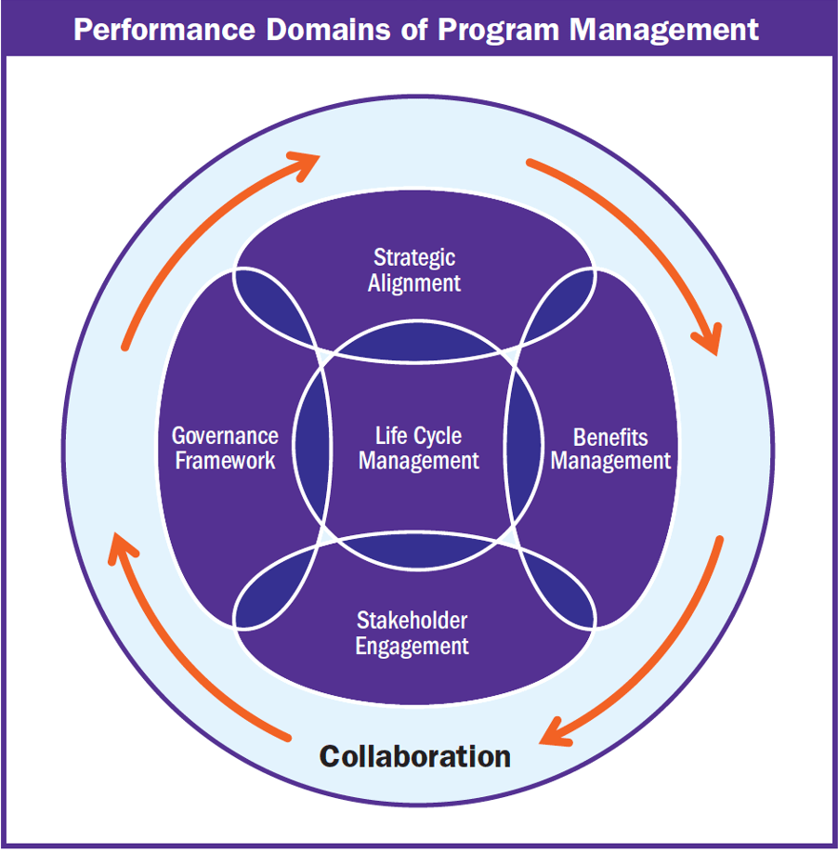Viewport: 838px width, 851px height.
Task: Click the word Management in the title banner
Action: tap(663, 29)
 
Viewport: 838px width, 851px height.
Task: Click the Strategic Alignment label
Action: tap(414, 270)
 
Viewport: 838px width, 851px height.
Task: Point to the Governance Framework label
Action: tap(225, 448)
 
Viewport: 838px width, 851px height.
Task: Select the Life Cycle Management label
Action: tap(419, 448)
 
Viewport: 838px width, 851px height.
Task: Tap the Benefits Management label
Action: tap(610, 449)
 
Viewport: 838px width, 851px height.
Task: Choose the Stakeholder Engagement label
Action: tap(412, 633)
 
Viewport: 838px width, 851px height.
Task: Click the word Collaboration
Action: tap(415, 756)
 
